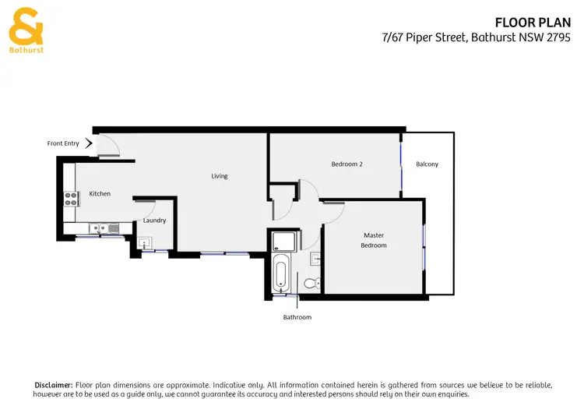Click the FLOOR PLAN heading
[x=538, y=23]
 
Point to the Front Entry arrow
[x=89, y=143]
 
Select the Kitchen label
[x=100, y=193]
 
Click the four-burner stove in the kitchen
[x=70, y=199]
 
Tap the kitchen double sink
[x=103, y=228]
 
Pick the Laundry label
[x=154, y=221]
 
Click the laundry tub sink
[x=144, y=245]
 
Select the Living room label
[x=220, y=176]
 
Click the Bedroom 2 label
[x=347, y=164]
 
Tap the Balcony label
[x=427, y=164]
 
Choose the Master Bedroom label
[x=374, y=240]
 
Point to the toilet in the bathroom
[x=311, y=283]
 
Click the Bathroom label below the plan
[x=297, y=317]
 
